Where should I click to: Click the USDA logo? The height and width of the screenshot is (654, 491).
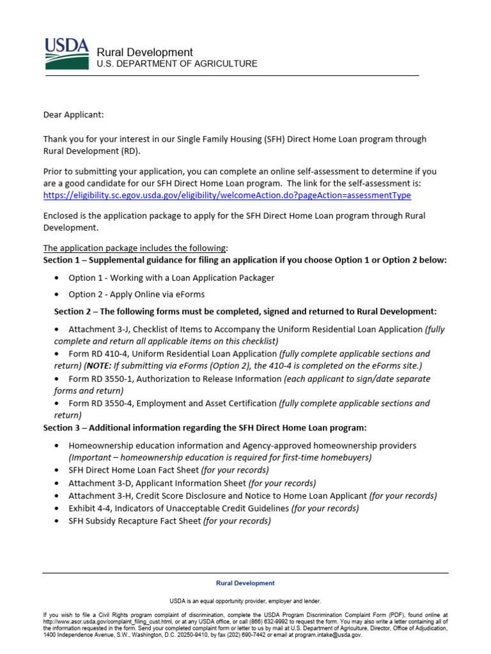(x=66, y=54)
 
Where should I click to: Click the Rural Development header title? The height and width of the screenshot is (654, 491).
(x=144, y=52)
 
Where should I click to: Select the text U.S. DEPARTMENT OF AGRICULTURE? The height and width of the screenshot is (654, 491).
(x=176, y=64)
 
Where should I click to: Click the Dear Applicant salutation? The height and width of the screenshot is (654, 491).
(x=73, y=114)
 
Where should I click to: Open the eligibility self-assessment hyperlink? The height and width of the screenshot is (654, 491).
(x=227, y=195)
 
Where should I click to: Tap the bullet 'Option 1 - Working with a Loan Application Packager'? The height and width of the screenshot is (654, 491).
(x=171, y=278)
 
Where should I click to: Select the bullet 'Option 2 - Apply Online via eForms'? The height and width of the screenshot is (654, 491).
(x=136, y=294)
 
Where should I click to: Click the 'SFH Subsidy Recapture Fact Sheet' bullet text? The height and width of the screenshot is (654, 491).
(x=134, y=521)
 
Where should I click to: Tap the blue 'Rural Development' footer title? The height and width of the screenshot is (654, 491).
(x=245, y=583)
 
